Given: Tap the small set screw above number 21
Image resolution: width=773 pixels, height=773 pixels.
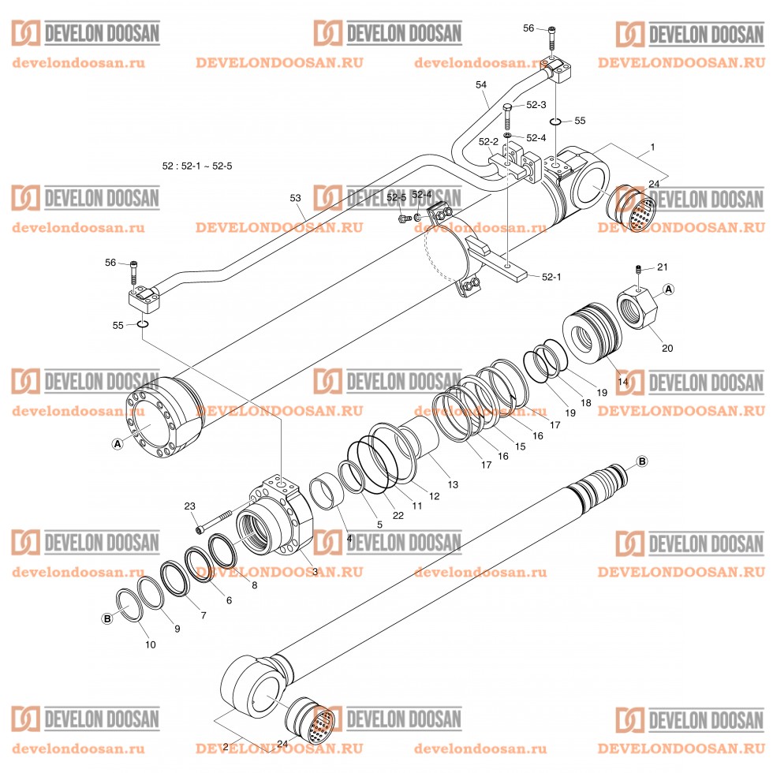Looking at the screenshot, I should tap(638, 271).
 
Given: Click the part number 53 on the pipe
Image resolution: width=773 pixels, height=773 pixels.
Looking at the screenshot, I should tap(296, 200).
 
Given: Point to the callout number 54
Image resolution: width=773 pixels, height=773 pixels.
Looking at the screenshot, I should tap(481, 84).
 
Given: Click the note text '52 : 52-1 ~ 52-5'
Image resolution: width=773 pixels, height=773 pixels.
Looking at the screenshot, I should tap(197, 166).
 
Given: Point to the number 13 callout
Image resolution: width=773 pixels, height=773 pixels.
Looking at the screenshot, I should tap(453, 484).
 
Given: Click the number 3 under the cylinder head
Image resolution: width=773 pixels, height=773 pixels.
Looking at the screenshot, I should tap(314, 571).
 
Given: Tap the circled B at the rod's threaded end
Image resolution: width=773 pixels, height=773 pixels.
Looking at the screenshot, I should tap(641, 461).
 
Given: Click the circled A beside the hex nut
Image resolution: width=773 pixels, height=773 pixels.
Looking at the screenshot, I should tap(668, 289).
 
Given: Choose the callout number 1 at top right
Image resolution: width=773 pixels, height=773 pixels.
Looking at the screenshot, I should tap(652, 147).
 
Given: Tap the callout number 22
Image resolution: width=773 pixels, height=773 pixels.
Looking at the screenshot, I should tap(398, 516).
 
